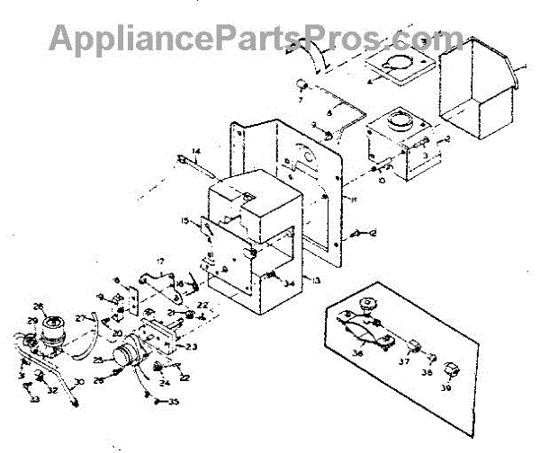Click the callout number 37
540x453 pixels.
(402, 362)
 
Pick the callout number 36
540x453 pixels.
(358, 353)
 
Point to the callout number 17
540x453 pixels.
(159, 262)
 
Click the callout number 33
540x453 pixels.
(35, 398)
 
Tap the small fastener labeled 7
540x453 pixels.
(303, 85)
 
